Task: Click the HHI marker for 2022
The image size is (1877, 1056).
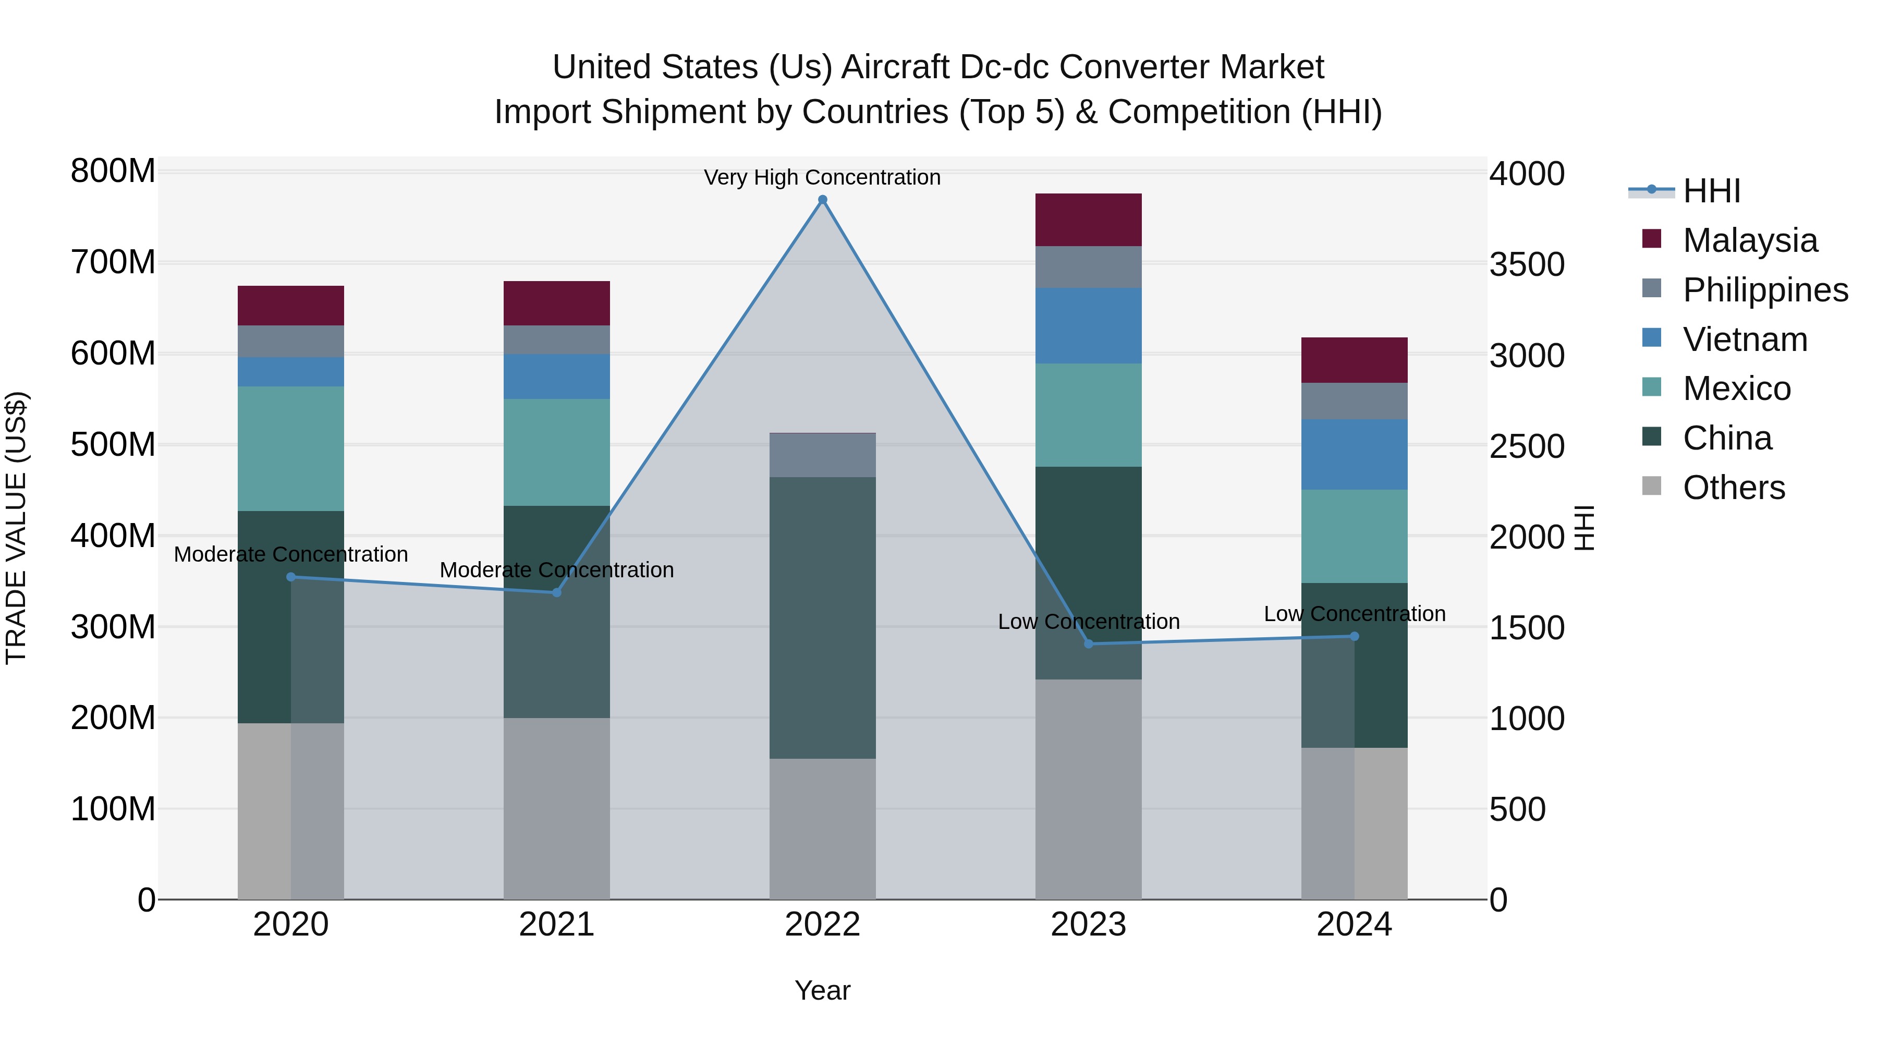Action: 823,200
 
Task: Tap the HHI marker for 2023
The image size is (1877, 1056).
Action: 1089,644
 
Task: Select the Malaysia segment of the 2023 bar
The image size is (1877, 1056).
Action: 1089,220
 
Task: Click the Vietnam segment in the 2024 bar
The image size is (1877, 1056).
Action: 1354,454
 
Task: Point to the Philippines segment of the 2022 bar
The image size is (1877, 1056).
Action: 823,455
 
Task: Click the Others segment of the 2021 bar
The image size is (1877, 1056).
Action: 557,808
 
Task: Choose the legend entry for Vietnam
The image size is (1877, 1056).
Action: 1745,339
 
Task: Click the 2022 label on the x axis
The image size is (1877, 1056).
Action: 823,925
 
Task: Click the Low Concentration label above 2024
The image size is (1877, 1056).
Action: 1354,614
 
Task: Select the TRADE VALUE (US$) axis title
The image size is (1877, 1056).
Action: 16,528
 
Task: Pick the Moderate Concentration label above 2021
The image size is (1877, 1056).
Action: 557,570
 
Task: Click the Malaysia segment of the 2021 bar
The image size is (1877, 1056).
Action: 557,303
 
